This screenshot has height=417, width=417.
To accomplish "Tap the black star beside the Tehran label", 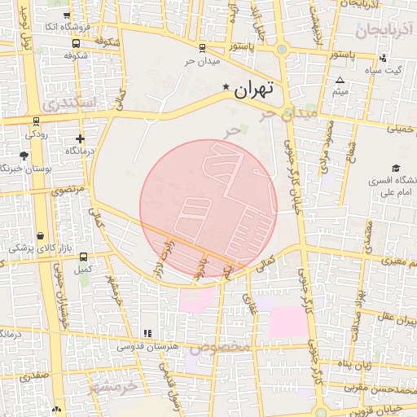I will click(x=226, y=86).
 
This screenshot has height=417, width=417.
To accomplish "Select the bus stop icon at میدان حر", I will click(x=201, y=49).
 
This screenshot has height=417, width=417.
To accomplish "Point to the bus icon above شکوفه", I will click(x=76, y=44).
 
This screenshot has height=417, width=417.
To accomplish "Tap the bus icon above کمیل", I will click(x=81, y=256).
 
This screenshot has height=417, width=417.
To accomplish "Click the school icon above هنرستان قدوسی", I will click(x=147, y=333).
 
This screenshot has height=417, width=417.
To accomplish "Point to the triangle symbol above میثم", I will click(x=340, y=80).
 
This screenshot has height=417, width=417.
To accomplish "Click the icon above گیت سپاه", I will click(x=383, y=58).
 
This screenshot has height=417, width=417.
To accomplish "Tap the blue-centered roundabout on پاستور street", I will click(x=282, y=50).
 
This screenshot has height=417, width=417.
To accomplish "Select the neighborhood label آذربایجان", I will click(x=386, y=31).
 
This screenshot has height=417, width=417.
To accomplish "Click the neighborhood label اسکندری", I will click(x=68, y=105).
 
